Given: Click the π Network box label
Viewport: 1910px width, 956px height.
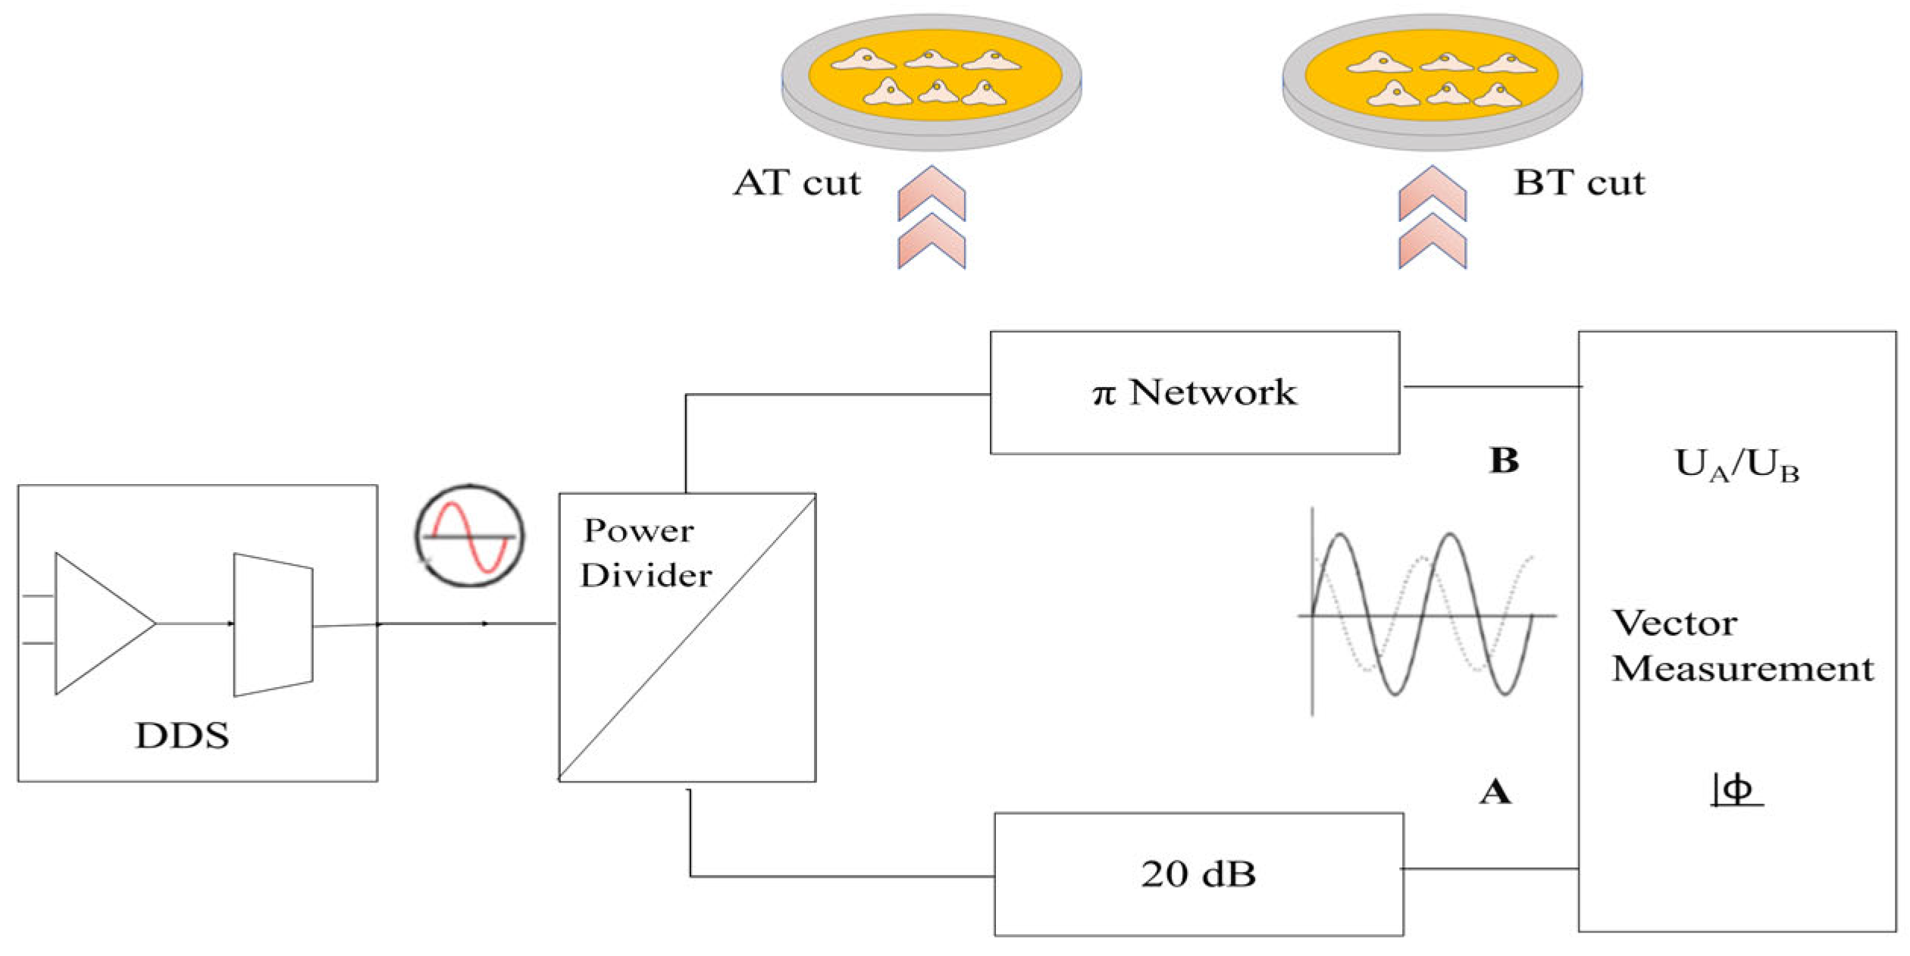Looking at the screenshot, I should coord(1194,393).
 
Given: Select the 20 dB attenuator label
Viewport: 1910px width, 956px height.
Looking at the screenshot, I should coord(1198,873).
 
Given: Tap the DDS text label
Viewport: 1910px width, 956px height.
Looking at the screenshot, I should coord(182,736).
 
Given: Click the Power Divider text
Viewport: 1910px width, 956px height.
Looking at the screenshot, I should coord(644,553).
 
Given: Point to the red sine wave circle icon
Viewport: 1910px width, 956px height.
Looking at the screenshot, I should coord(470,536).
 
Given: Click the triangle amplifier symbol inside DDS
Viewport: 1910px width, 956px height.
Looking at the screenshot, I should coord(99,623).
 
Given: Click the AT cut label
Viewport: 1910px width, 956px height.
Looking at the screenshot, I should coord(797,183).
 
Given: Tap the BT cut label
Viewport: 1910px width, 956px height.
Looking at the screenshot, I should coord(1580,183).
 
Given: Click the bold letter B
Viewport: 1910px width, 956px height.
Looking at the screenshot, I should coord(1504,461).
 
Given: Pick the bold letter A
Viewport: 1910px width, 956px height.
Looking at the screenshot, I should coord(1495,792).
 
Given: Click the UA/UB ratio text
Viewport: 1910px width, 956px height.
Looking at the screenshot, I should coord(1736,465).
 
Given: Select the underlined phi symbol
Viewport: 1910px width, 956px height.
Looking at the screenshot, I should coord(1736,790).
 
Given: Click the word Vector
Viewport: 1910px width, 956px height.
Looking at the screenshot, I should coord(1674,623).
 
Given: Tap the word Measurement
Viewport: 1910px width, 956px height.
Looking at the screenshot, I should coord(1742,669).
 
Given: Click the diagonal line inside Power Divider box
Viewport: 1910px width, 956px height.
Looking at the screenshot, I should coord(687,637).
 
